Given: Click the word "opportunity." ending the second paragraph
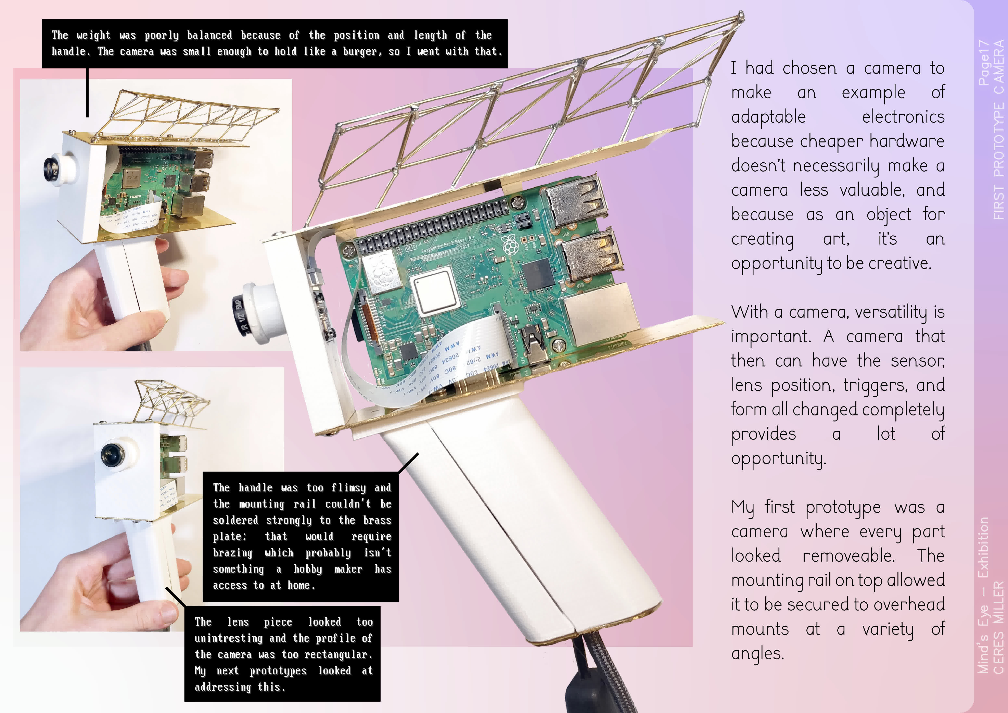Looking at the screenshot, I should (778, 459).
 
